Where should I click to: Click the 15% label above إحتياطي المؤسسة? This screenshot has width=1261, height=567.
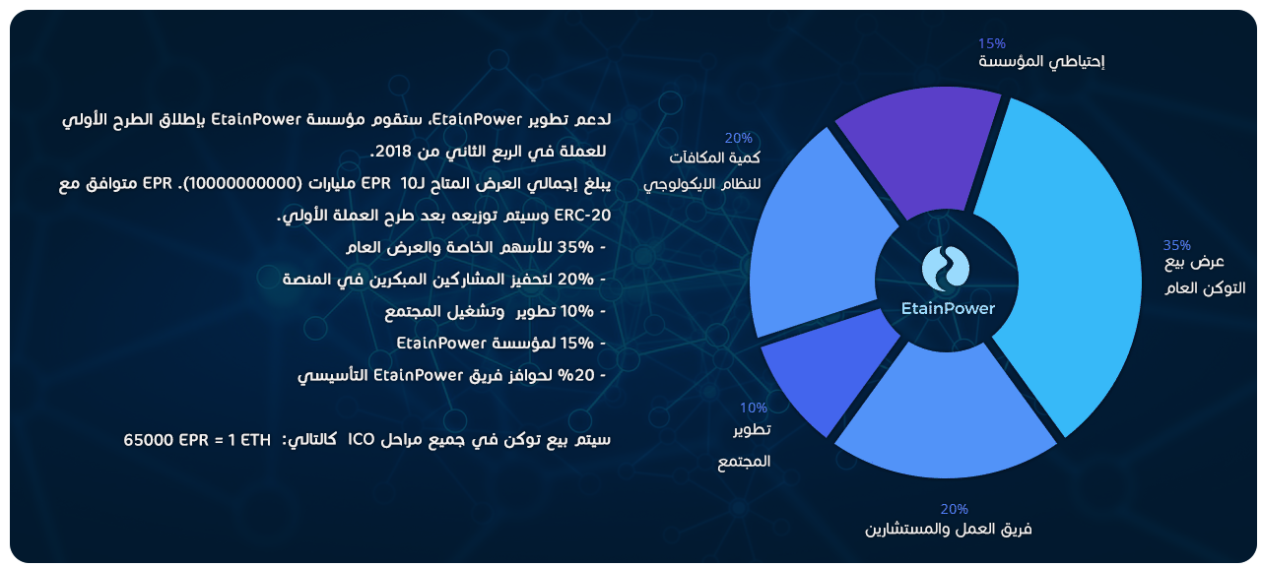[x=991, y=43]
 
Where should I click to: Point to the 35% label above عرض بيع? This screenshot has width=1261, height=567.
[x=1176, y=245]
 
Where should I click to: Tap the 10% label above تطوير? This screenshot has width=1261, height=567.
[x=754, y=408]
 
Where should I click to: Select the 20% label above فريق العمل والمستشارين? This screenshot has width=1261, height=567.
[x=955, y=509]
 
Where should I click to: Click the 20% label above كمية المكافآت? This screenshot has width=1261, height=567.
[x=738, y=138]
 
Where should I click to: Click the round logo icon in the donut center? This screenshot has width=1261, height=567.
[x=946, y=269]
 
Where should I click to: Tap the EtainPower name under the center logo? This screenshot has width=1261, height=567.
[x=948, y=308]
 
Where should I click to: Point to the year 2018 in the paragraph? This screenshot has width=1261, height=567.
[x=393, y=152]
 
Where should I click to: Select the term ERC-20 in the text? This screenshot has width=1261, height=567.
[x=582, y=216]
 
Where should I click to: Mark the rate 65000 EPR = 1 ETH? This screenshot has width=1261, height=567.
[x=197, y=440]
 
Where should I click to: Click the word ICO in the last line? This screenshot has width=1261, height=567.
[x=361, y=439]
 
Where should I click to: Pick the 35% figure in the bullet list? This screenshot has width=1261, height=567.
[x=575, y=247]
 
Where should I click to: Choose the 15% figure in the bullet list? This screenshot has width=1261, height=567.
[x=577, y=344]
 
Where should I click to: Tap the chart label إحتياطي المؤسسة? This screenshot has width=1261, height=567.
[x=1041, y=62]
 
